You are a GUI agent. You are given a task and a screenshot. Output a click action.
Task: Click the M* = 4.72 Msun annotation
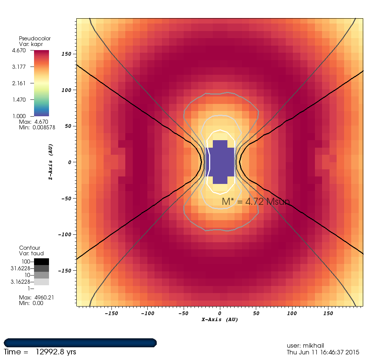(x=256, y=202)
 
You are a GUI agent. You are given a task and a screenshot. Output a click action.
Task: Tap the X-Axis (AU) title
(x=220, y=320)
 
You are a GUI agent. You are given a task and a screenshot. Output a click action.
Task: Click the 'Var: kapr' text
(x=30, y=44)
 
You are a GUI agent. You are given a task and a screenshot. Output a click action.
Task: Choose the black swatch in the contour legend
(x=42, y=262)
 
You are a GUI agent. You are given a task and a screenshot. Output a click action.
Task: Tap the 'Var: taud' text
(x=31, y=253)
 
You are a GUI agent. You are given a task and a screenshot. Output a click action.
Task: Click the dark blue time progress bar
(x=80, y=342)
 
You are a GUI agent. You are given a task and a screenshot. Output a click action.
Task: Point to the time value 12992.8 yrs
(x=56, y=352)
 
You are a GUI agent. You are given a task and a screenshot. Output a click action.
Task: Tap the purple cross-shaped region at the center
(x=220, y=162)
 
